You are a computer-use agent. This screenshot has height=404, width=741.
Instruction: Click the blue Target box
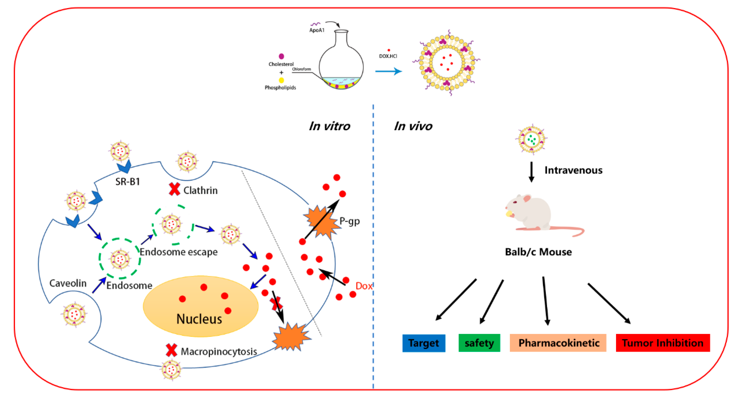pyautogui.click(x=424, y=343)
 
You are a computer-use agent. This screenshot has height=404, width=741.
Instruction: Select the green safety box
pyautogui.click(x=479, y=343)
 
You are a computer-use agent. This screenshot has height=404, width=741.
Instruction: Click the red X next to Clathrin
pyautogui.click(x=174, y=189)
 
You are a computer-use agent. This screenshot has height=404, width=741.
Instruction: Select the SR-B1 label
pyautogui.click(x=127, y=181)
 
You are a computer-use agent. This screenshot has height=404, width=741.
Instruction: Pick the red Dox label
pyautogui.click(x=364, y=286)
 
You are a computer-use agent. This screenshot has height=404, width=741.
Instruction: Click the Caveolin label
pyautogui.click(x=68, y=283)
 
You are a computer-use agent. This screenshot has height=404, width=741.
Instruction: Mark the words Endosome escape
pyautogui.click(x=179, y=252)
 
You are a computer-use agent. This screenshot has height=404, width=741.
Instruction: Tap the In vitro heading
pyautogui.click(x=329, y=126)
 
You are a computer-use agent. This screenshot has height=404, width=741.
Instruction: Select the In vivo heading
pyautogui.click(x=413, y=126)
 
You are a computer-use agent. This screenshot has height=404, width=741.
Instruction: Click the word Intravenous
pyautogui.click(x=573, y=170)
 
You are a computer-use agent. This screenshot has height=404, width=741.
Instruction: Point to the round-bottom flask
pyautogui.click(x=341, y=62)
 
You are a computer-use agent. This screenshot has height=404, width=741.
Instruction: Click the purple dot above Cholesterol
pyautogui.click(x=281, y=56)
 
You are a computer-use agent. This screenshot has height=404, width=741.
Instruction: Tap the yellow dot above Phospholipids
pyautogui.click(x=281, y=80)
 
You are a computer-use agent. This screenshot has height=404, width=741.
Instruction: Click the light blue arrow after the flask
pyautogui.click(x=388, y=71)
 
